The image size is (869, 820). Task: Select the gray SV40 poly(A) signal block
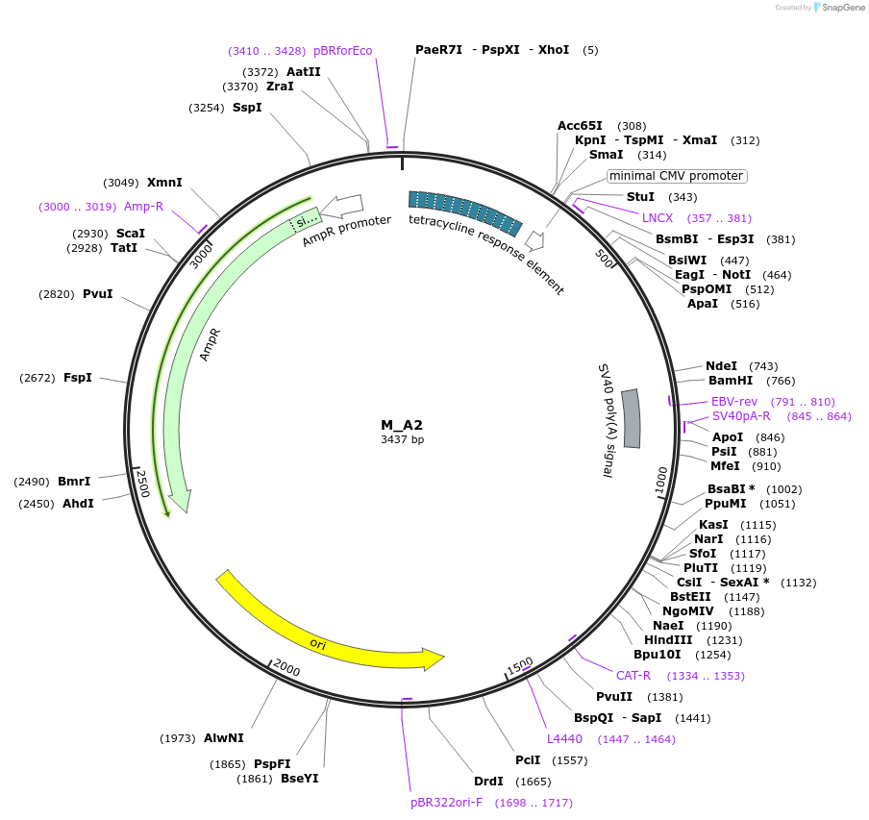click(x=632, y=418)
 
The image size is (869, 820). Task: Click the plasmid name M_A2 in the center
click(x=402, y=425)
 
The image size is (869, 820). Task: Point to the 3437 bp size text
click(x=402, y=439)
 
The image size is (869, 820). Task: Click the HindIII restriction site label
click(x=668, y=640)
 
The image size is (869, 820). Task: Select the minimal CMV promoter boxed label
click(x=677, y=176)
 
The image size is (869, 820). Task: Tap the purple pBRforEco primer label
click(x=343, y=51)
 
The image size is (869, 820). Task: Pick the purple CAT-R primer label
click(x=633, y=675)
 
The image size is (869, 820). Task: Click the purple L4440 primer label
click(x=564, y=739)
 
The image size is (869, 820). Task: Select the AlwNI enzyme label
click(x=224, y=738)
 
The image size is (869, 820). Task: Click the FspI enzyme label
click(x=78, y=378)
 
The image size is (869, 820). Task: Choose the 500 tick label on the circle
click(x=605, y=259)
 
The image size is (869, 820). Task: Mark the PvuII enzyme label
click(x=614, y=697)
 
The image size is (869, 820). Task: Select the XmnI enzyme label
click(x=164, y=183)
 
